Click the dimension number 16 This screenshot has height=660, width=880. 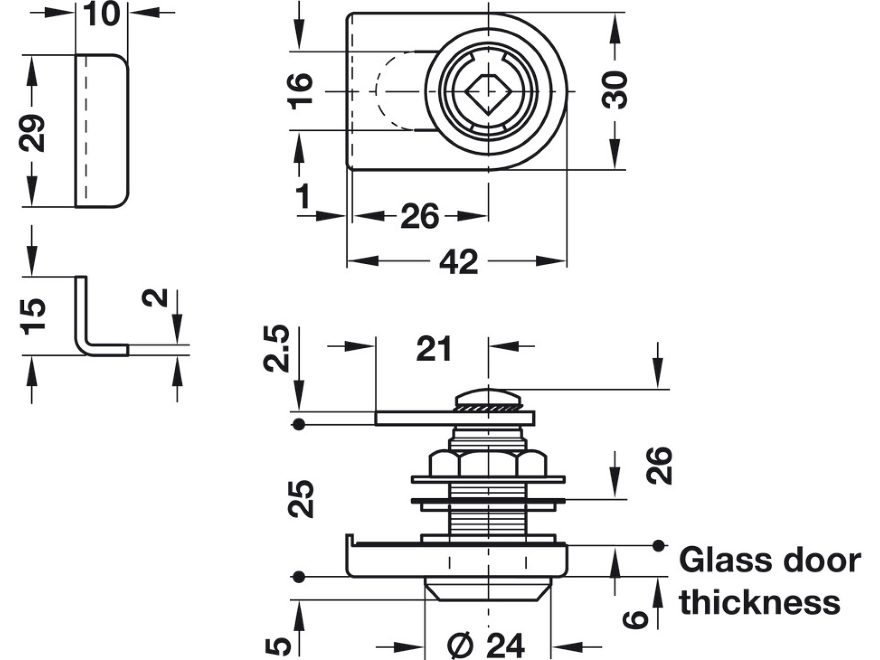click(x=300, y=91)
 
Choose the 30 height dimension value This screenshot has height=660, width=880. click(x=615, y=90)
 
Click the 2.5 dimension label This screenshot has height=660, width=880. click(x=276, y=348)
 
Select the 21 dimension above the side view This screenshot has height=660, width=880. click(x=434, y=349)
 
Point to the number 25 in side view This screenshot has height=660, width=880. click(x=300, y=499)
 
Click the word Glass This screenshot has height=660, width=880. click(x=715, y=561)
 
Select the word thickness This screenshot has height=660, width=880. click(x=759, y=602)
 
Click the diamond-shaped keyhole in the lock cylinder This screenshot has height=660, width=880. click(x=487, y=91)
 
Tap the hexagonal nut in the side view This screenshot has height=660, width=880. click(x=487, y=463)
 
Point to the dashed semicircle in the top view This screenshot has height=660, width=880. click(x=389, y=91)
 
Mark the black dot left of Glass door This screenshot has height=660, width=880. click(x=658, y=545)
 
